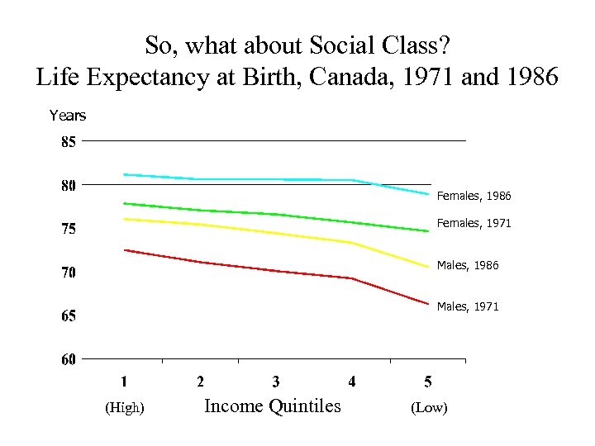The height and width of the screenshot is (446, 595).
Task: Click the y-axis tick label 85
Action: pos(68,141)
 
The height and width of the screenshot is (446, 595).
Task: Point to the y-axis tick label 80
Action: pos(68,185)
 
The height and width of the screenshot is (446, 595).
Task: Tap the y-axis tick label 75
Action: pos(68,229)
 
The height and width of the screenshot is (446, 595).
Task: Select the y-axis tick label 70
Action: pos(68,273)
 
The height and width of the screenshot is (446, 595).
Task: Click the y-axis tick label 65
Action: pos(68,316)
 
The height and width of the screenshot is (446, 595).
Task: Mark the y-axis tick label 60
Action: pos(68,359)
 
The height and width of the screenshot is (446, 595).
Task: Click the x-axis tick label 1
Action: pos(124,382)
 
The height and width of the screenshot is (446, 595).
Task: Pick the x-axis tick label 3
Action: pos(276,382)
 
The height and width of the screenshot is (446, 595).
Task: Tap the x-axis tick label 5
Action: pos(428,382)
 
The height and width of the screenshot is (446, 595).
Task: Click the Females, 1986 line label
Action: pos(474,197)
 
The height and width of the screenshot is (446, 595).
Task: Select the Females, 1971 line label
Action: pos(474,223)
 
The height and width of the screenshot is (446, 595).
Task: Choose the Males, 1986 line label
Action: pos(468,266)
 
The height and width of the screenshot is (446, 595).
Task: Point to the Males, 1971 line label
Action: pos(468,306)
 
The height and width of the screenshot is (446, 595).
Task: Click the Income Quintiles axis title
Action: pos(272,406)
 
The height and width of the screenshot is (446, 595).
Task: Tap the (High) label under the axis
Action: pos(125,408)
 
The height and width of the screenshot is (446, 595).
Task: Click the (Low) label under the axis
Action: pos(428,408)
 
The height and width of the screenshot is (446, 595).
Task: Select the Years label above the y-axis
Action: pos(68,116)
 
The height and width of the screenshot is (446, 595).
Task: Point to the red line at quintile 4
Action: pos(352,278)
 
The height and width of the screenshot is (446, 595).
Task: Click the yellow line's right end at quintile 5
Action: pos(428,267)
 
